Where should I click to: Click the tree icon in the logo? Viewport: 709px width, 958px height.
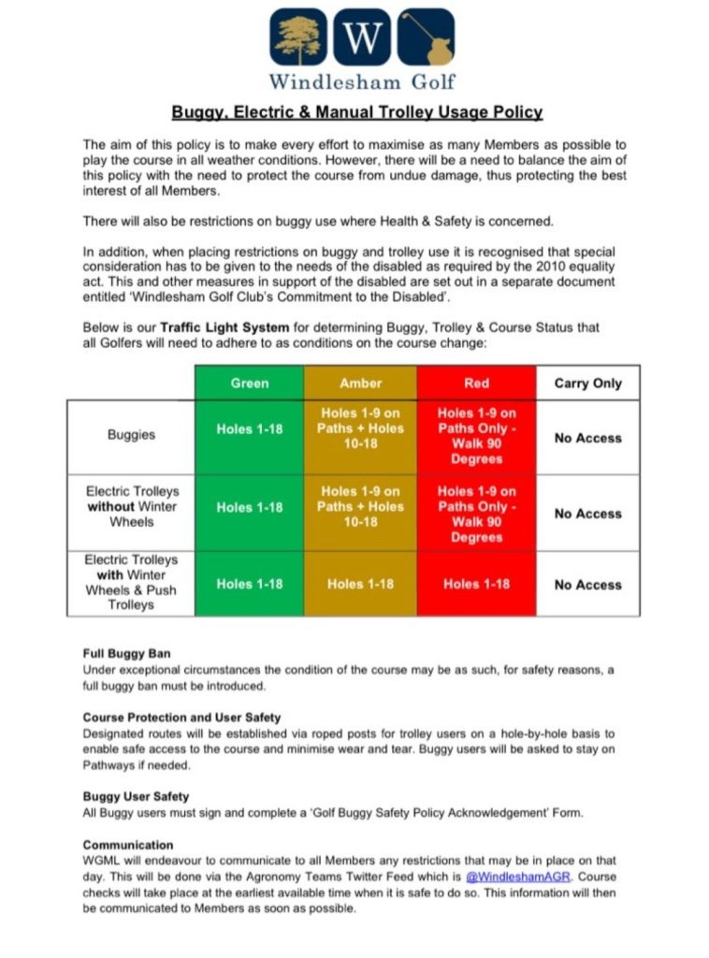point(299,37)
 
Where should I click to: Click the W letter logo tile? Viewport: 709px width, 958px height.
point(362,37)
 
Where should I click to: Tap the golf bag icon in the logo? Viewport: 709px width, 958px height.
point(427,37)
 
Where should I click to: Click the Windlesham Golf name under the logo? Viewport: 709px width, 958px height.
point(362,80)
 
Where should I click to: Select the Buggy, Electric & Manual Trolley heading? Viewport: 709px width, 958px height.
point(356,112)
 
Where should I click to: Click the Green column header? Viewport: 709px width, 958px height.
point(249,383)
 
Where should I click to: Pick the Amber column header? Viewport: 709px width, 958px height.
point(360,383)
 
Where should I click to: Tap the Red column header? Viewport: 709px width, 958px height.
point(476,383)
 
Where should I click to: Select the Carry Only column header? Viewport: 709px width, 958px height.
point(587,383)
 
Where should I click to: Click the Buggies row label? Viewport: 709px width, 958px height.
point(131,436)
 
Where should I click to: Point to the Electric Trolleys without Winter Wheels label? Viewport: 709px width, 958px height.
point(131,506)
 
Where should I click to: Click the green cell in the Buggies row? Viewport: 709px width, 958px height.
point(249,429)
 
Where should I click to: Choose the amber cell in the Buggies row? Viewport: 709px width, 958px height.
point(360,428)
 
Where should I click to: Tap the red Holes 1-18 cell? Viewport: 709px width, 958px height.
point(476,584)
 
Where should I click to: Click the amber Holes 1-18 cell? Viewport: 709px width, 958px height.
point(360,584)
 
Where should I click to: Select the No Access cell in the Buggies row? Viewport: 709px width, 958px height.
point(587,437)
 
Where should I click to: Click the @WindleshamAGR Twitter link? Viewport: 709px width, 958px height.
point(518,876)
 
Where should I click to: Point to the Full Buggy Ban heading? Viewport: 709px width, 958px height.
point(126,654)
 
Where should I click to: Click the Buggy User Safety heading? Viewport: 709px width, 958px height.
point(136,796)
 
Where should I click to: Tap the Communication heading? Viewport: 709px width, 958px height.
point(128,844)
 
